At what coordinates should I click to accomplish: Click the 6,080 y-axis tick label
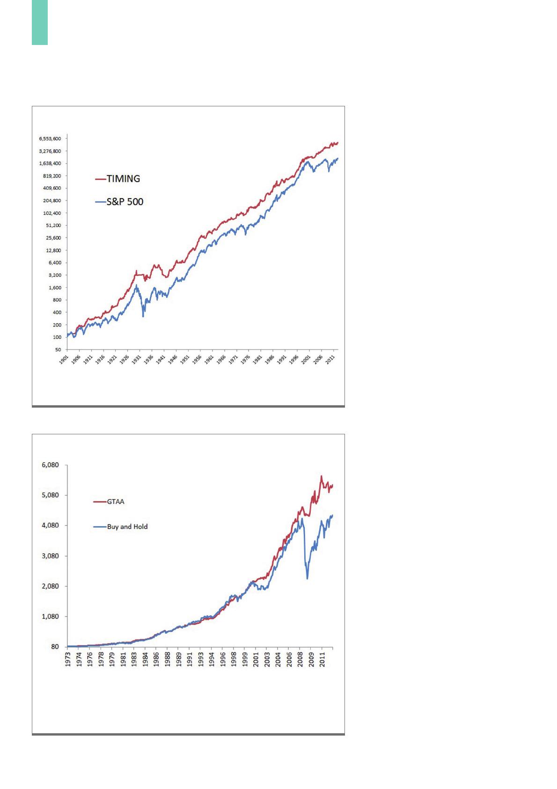pyautogui.click(x=50, y=465)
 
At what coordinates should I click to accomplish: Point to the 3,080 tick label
pyautogui.click(x=50, y=556)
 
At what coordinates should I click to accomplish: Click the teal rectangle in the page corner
pyautogui.click(x=40, y=22)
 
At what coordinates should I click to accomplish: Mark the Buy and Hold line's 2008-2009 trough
pyautogui.click(x=307, y=579)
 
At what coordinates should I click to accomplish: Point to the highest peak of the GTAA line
pyautogui.click(x=321, y=476)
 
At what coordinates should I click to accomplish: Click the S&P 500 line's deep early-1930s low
pyautogui.click(x=143, y=317)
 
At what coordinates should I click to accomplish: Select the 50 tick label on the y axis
pyautogui.click(x=59, y=350)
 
